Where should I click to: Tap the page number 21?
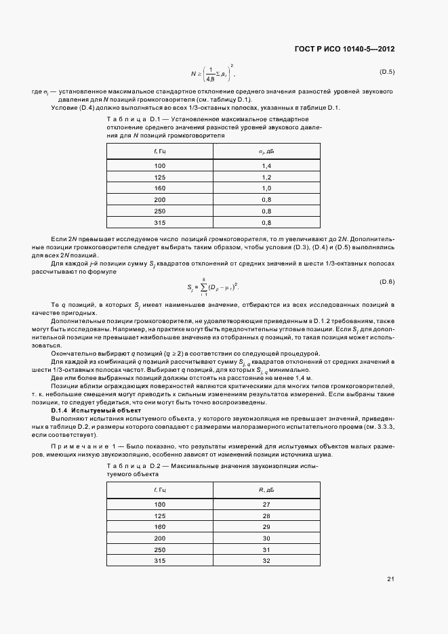coord(390,578)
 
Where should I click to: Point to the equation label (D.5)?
coord(387,72)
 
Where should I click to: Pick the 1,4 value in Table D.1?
coord(266,166)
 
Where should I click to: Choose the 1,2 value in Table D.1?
coord(266,177)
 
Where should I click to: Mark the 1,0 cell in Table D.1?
coord(266,188)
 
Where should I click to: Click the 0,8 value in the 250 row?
coord(266,211)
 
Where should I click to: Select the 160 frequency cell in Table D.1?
coord(159,188)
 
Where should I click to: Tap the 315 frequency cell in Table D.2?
coord(159,560)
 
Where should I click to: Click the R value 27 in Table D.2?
coord(266,504)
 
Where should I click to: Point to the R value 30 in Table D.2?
coord(266,538)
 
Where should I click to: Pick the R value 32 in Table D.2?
coord(266,560)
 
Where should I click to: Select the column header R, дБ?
coord(266,489)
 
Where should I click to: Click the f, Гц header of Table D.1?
coord(159,150)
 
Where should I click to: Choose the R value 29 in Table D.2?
coord(266,526)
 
